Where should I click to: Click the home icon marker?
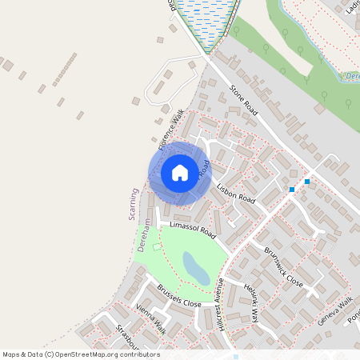pos(180,173)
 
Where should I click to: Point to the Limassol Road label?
pos(188,230)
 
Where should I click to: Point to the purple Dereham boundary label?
pos(146,235)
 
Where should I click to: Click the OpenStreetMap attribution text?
pos(81,354)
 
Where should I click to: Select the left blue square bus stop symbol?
pos(292,190)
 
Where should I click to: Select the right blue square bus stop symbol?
pos(307,182)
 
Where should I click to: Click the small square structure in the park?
pos(157,247)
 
